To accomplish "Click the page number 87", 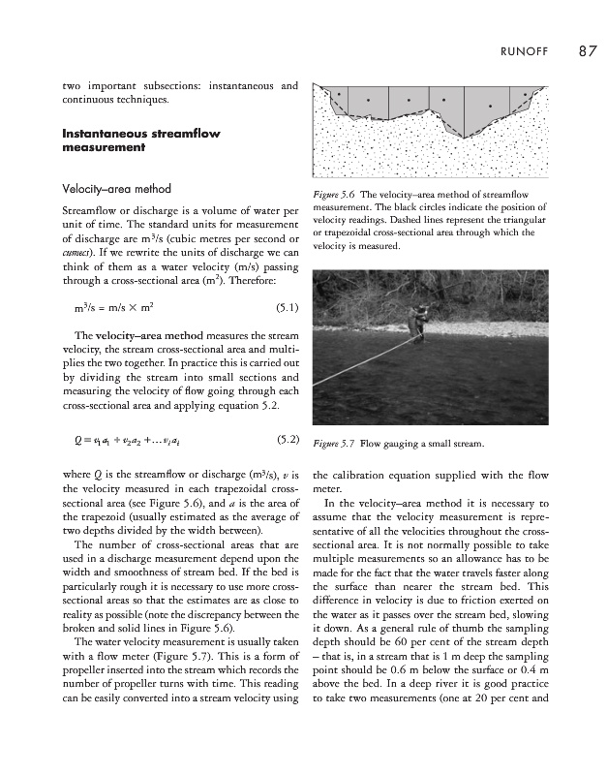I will coord(586,51).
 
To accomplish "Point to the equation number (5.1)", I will coord(286,310).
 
